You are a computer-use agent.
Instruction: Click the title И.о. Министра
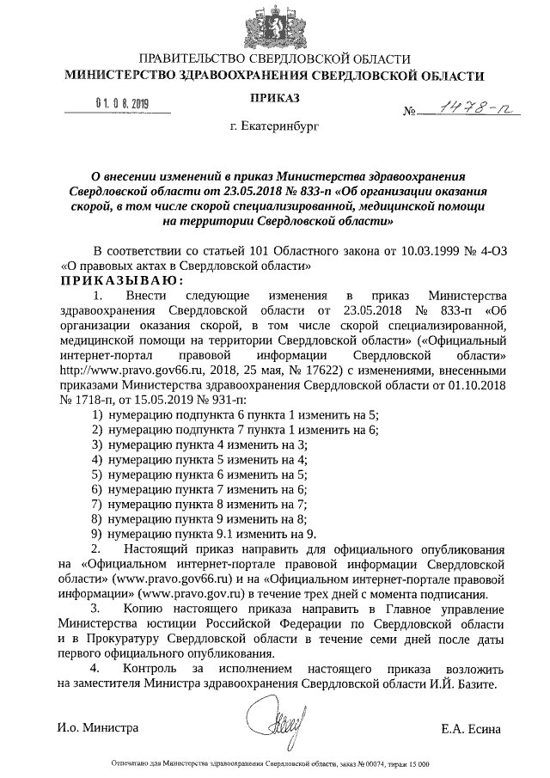pos(98,729)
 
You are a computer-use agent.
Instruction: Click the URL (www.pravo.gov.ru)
pos(183,592)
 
